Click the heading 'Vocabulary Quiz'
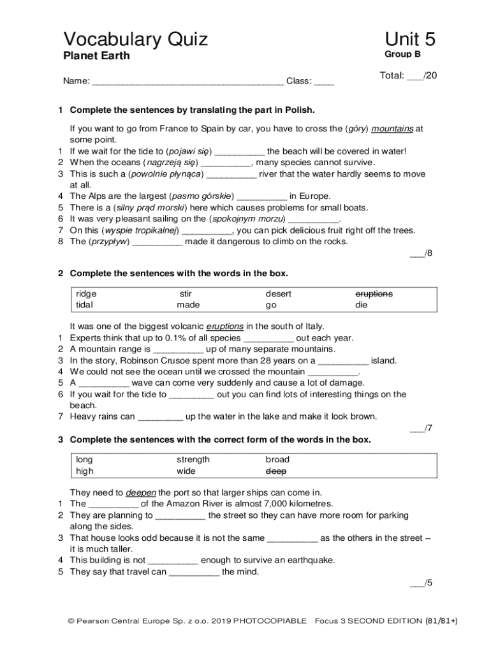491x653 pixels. [x=135, y=40]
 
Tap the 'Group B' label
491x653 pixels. [x=402, y=55]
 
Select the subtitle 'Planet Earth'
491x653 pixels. [x=96, y=56]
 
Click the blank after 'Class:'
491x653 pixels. [x=324, y=82]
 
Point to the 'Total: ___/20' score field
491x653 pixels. [x=408, y=76]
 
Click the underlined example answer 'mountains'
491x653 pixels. [x=392, y=128]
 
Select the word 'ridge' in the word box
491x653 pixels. [x=86, y=294]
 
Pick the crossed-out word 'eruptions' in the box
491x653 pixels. [x=374, y=294]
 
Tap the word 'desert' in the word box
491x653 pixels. [x=279, y=294]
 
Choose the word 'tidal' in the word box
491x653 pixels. [x=84, y=305]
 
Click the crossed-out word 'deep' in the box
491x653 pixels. [x=276, y=471]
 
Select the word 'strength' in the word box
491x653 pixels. [x=193, y=460]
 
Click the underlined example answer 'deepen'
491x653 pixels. [x=140, y=493]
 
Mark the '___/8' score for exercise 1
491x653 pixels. [x=421, y=253]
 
